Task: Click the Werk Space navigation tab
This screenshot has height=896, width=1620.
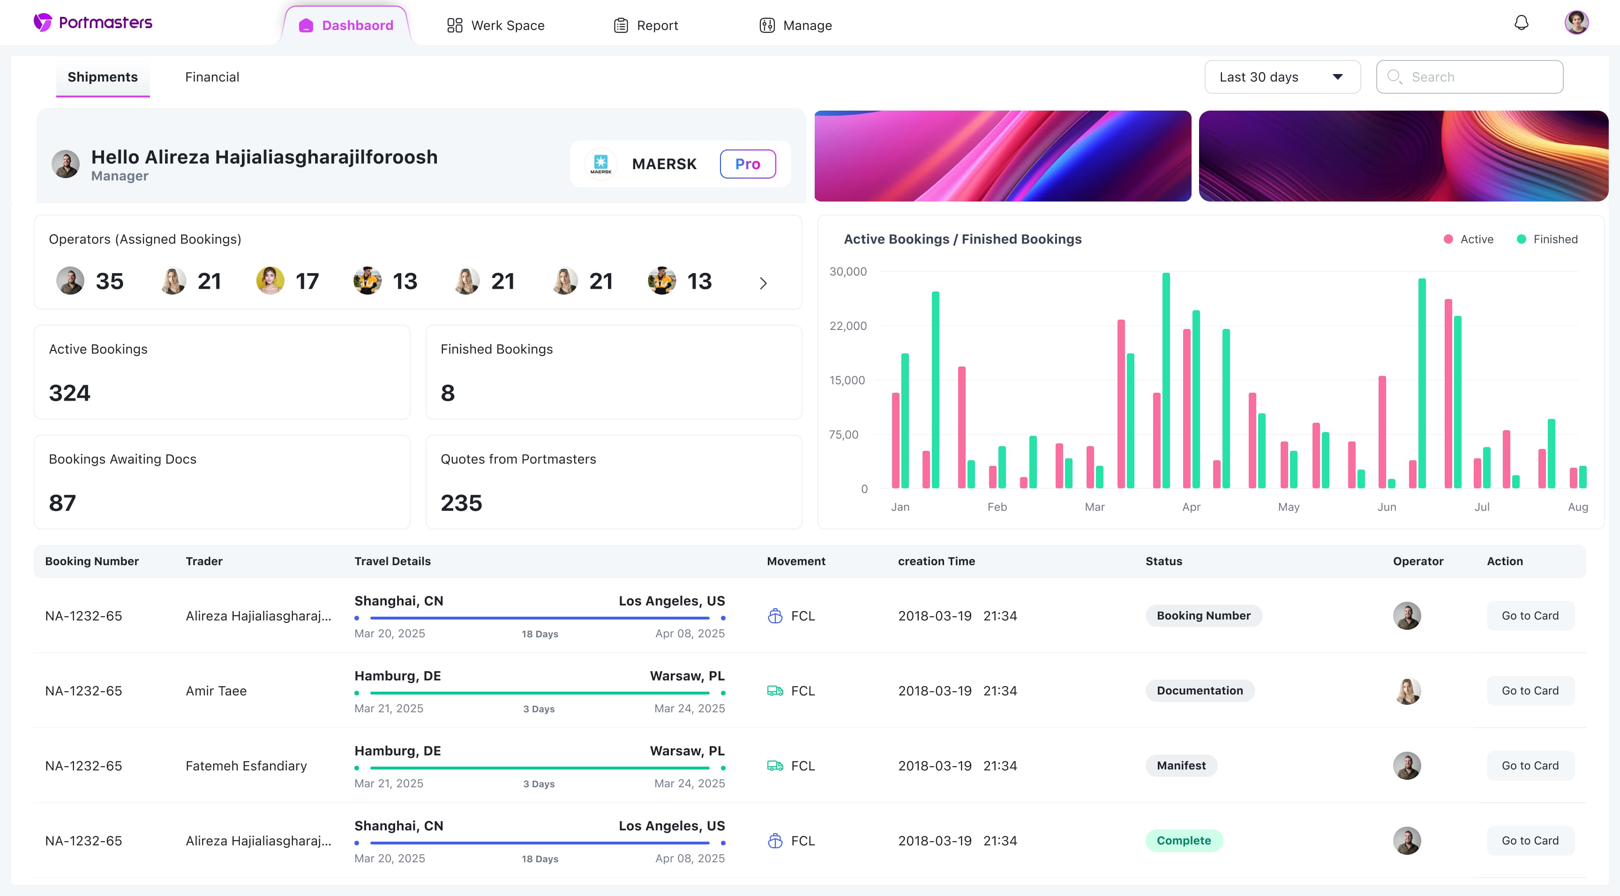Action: click(495, 25)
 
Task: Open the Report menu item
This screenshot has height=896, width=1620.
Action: click(646, 25)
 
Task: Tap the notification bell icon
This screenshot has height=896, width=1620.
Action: click(1521, 23)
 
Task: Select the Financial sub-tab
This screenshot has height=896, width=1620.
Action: click(212, 77)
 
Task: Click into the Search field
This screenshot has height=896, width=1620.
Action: click(1469, 77)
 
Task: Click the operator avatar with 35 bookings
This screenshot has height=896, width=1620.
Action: click(70, 280)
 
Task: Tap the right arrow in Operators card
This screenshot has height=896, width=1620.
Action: click(763, 284)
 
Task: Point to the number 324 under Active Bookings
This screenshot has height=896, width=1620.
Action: click(70, 393)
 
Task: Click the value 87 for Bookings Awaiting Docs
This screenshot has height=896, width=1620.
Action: click(62, 503)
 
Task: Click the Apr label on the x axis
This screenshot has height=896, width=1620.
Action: click(1191, 507)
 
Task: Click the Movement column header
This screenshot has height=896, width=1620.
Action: click(795, 561)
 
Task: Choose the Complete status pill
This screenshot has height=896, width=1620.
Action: click(1184, 841)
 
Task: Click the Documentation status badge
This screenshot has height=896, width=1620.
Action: click(1199, 690)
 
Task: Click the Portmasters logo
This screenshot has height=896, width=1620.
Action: click(93, 22)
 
